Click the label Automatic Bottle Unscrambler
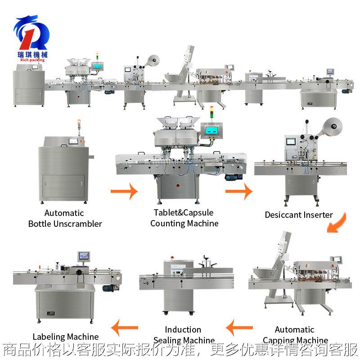coord(65,218)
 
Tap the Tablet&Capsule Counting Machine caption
coord(184,218)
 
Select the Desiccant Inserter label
coord(298,215)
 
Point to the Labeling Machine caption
coord(66,337)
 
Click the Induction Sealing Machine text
coord(183,335)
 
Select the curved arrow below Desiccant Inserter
coord(337,222)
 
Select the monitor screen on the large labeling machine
coord(84,256)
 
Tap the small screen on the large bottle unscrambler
coord(72,140)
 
